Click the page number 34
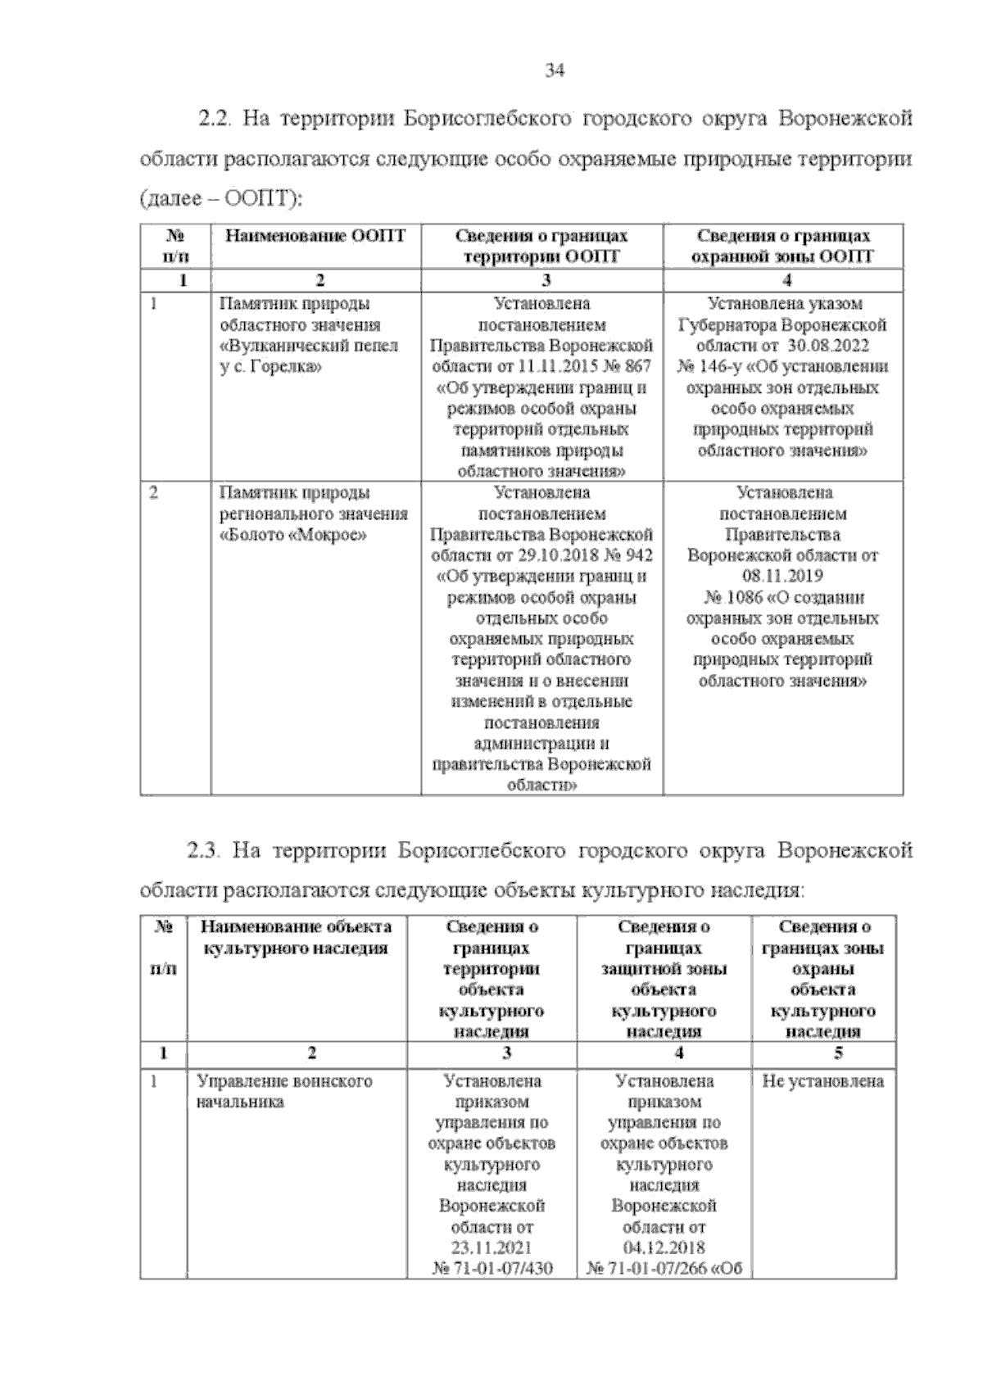pyautogui.click(x=555, y=71)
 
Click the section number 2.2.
pyautogui.click(x=216, y=119)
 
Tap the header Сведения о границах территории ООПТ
pyautogui.click(x=541, y=246)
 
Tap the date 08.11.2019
pyautogui.click(x=784, y=576)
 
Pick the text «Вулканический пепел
pyautogui.click(x=309, y=346)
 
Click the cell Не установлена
pyautogui.click(x=822, y=1081)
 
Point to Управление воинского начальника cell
pyautogui.click(x=284, y=1091)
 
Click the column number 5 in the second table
pyautogui.click(x=838, y=1053)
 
